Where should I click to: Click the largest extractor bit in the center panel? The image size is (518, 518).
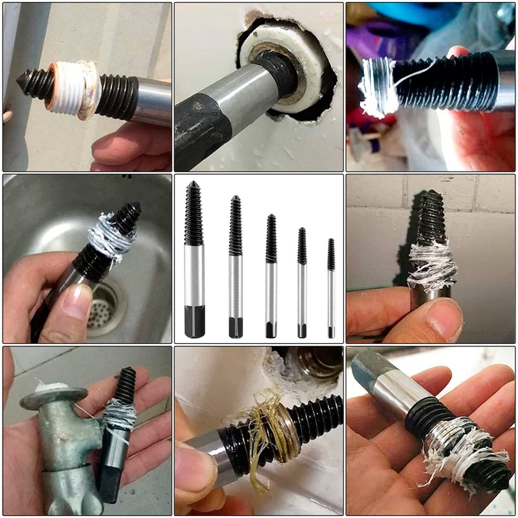194,259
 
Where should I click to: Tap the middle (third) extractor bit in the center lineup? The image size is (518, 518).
271,275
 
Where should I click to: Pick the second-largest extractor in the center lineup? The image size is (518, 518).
236,265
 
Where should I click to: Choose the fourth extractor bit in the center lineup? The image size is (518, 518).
302,282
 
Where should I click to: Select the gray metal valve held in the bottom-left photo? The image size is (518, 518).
62,440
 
